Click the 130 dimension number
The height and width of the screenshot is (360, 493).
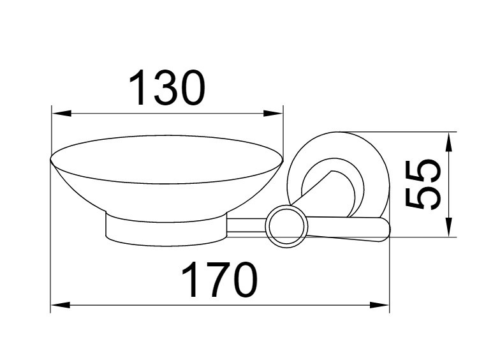(166, 88)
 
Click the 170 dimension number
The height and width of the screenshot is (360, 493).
(219, 280)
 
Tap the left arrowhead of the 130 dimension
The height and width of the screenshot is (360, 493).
(61, 113)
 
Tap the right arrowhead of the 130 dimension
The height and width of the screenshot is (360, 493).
(273, 113)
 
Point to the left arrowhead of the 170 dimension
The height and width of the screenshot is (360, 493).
(61, 305)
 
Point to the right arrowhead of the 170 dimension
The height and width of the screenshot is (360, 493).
(379, 305)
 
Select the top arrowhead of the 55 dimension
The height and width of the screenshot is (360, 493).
(450, 142)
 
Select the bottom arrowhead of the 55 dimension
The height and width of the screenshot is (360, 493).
(450, 227)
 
